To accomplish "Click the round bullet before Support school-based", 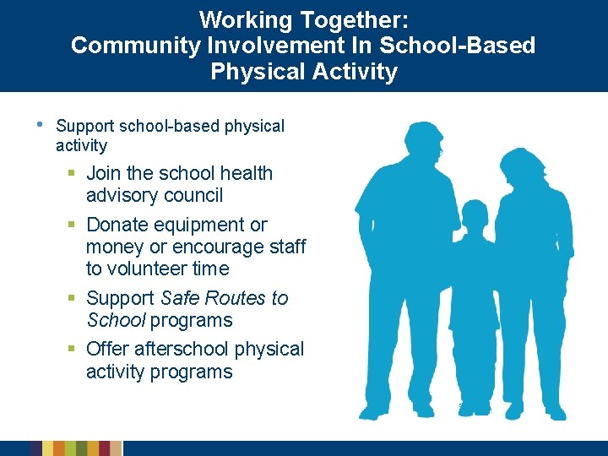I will tap(41, 124).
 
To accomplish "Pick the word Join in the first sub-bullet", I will tap(104, 174).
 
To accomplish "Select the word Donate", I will tap(122, 225).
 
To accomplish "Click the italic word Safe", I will tap(180, 299).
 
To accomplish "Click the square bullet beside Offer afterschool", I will tap(73, 350).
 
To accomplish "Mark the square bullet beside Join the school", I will tap(73, 174).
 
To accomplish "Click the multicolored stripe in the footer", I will tap(76, 448).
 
